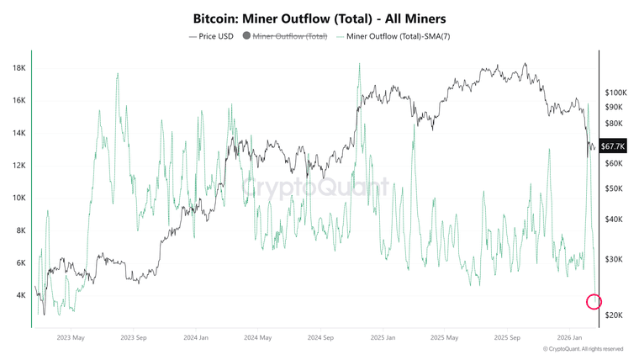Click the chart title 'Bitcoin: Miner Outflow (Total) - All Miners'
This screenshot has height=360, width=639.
[319, 17]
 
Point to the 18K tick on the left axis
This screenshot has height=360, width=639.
[19, 68]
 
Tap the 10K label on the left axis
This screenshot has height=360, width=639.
[19, 199]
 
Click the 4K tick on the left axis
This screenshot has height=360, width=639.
[21, 295]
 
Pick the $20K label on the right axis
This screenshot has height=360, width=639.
[614, 315]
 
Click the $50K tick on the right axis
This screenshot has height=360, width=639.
[614, 188]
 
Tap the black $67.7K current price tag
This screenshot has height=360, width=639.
[611, 146]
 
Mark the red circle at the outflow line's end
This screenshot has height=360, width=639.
[594, 301]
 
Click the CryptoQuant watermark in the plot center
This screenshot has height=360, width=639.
[315, 186]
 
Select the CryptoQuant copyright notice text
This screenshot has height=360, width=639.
[583, 349]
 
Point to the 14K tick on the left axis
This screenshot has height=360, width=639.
[19, 133]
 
